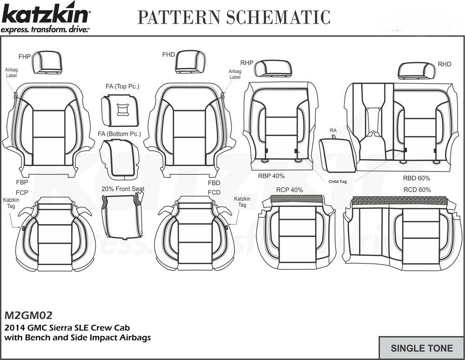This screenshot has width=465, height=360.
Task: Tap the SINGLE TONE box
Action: coord(421,348)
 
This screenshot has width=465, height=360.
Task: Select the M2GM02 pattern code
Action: coord(29,315)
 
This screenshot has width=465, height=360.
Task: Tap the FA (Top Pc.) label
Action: coord(122,87)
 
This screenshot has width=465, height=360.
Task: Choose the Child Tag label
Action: coord(339,182)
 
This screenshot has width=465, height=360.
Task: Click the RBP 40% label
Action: coord(271,176)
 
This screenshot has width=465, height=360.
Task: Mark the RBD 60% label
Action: coord(416,178)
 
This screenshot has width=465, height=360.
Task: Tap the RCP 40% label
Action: coord(289,190)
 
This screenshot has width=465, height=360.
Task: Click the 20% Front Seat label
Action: coord(123,189)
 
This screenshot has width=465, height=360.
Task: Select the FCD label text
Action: coord(214,192)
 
